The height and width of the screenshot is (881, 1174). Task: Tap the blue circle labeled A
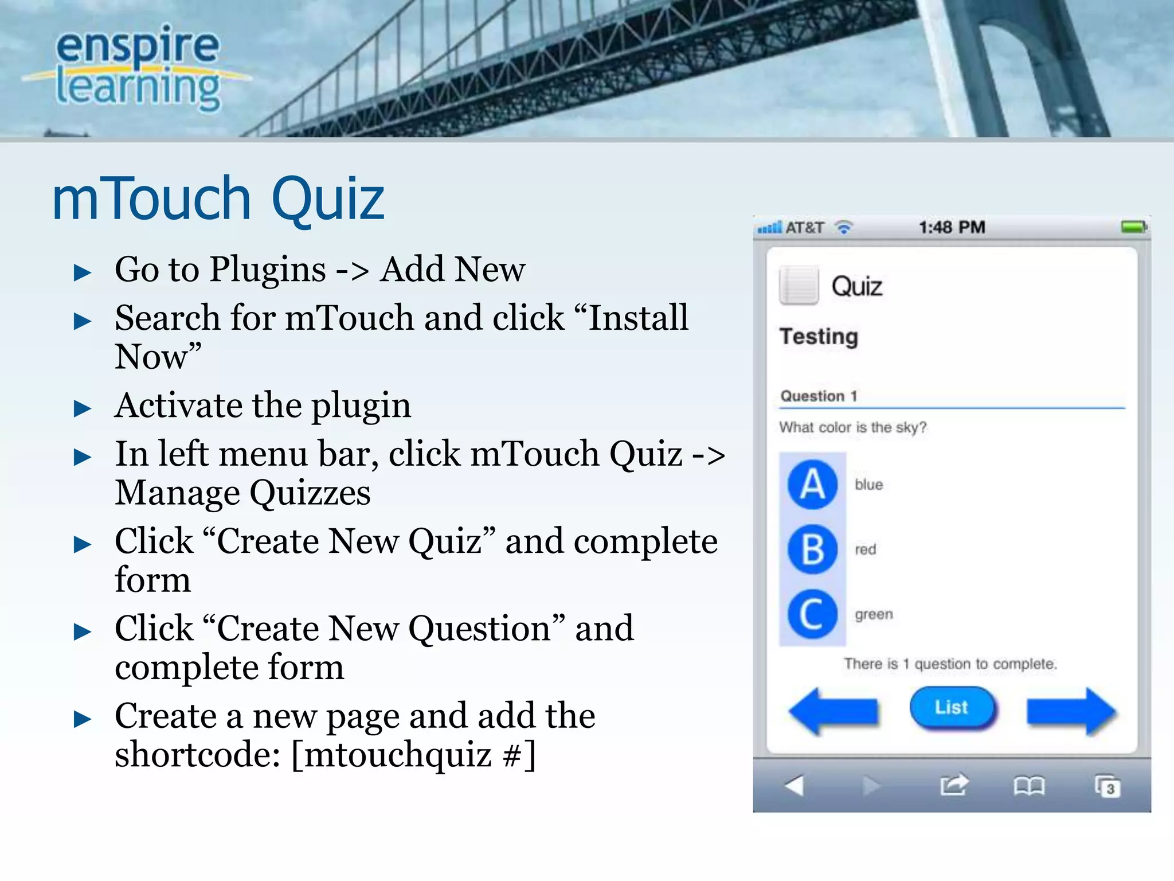click(812, 485)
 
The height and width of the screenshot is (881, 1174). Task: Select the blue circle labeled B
click(812, 549)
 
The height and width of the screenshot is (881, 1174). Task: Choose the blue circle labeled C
click(812, 614)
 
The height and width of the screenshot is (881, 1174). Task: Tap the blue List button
click(952, 707)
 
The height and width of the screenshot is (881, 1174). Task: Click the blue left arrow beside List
click(833, 711)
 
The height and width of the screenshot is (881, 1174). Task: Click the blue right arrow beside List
click(1071, 711)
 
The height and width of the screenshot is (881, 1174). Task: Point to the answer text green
click(874, 614)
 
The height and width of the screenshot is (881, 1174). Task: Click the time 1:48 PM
click(952, 227)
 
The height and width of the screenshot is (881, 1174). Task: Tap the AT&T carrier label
click(804, 228)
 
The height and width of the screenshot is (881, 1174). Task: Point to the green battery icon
click(1133, 227)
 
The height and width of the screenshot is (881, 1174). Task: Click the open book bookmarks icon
click(1029, 786)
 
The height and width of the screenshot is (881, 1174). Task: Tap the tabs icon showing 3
click(1107, 786)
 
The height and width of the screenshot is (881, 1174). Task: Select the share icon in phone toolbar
click(954, 785)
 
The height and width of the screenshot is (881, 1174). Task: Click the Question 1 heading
click(819, 396)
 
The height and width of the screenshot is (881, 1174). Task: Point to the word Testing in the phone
click(819, 337)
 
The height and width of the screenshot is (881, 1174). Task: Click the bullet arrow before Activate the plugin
click(83, 408)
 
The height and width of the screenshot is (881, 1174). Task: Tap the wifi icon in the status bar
click(844, 228)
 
